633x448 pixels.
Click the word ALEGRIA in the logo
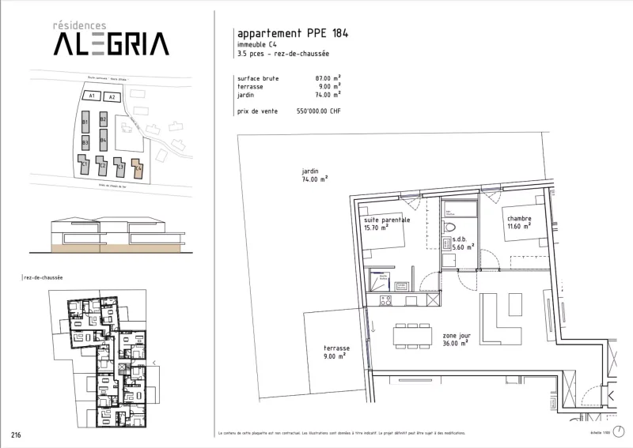[111, 43]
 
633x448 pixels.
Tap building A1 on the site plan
[92, 96]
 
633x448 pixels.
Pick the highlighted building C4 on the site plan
[138, 167]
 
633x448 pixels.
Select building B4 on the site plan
[104, 142]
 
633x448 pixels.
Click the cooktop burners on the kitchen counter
[387, 300]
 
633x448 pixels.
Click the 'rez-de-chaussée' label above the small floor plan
[44, 278]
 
